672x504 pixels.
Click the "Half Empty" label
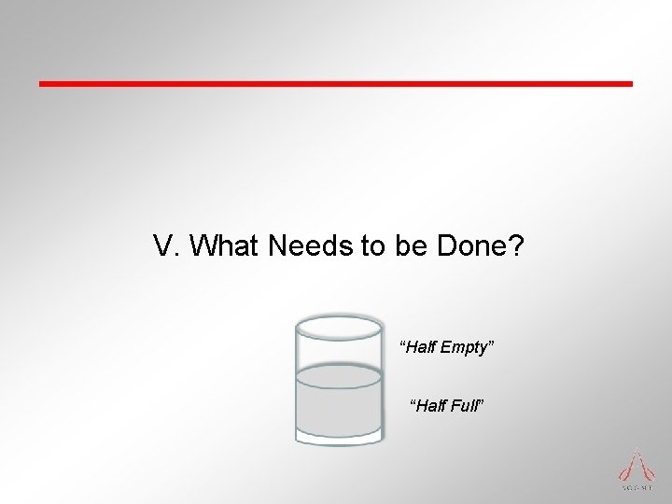pos(446,348)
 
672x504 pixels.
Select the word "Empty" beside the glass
pos(464,348)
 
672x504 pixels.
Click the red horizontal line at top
pos(336,84)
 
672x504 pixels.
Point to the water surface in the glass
pos(339,376)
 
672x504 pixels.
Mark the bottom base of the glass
pos(339,438)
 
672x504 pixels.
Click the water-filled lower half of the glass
pos(339,411)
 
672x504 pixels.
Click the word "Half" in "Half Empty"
pos(418,348)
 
